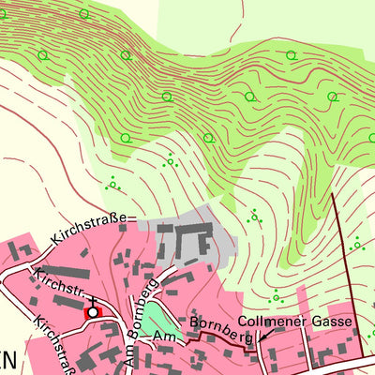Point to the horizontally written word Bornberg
219,325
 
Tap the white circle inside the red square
93,311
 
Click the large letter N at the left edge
5,362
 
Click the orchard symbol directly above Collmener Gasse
275,298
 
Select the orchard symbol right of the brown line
356,246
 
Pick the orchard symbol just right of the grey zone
253,216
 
